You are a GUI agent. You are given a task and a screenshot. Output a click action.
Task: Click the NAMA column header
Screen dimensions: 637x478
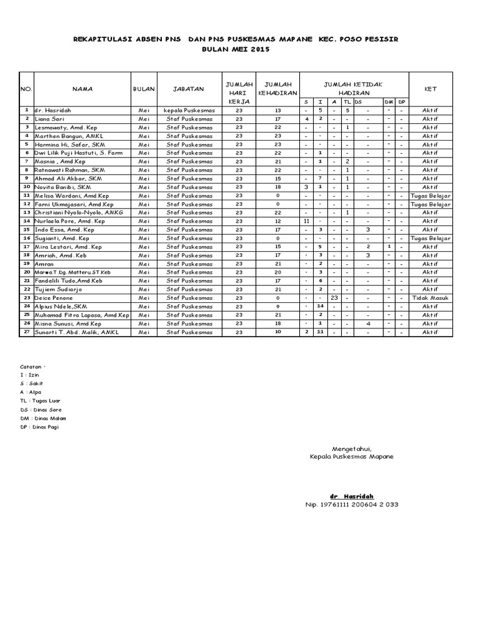tap(82, 89)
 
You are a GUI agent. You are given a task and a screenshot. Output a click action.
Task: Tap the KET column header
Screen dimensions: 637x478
tap(430, 89)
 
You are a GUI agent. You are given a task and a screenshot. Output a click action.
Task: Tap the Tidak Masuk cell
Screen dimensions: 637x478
tap(430, 298)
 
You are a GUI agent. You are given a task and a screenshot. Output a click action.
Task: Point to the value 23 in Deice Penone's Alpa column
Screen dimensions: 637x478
tap(334, 298)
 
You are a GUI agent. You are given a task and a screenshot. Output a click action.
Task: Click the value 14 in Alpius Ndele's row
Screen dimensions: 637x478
tap(320, 307)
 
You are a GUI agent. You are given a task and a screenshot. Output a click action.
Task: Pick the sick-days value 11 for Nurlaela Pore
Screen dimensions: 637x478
tap(306, 221)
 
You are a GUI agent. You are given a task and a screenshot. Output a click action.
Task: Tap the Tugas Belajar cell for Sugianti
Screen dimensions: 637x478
tap(430, 238)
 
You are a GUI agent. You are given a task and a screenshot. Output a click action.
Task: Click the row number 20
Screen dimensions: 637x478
tap(27, 272)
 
